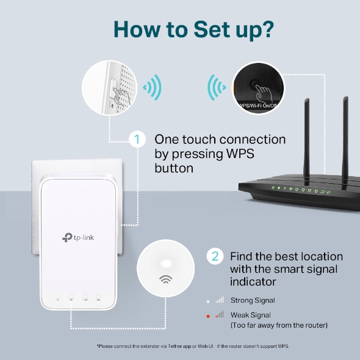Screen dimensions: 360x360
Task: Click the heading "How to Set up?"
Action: click(180, 28)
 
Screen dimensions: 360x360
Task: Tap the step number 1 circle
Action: click(138, 140)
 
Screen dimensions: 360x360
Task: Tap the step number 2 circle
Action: click(214, 256)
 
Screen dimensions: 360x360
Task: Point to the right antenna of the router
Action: click(345, 134)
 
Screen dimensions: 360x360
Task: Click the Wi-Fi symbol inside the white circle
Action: click(165, 280)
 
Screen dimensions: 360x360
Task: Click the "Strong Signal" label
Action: click(253, 300)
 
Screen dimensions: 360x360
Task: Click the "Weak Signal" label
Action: click(250, 315)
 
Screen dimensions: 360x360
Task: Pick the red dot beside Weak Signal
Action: click(209, 315)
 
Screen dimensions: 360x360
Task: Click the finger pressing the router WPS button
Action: click(263, 93)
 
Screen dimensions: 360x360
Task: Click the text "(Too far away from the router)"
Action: click(279, 325)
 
